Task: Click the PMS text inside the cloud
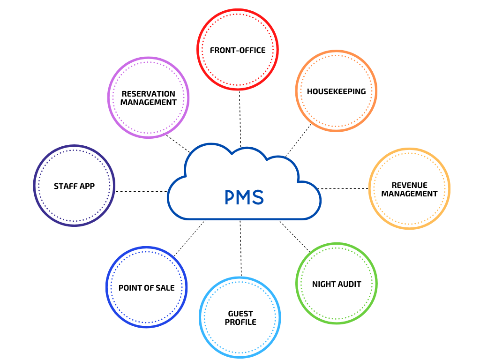pos(244,197)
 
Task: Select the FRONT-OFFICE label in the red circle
pos(238,50)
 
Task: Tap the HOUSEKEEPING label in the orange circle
pos(336,91)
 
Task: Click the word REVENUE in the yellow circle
pos(409,186)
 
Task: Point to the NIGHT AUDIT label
pos(337,284)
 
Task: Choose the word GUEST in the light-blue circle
pos(240,314)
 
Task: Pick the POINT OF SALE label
pos(146,288)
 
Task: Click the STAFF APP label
pos(74,186)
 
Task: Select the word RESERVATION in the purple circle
pos(148,94)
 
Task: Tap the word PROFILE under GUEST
pos(240,322)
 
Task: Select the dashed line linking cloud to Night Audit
pos(295,237)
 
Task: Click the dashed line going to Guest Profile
pos(240,248)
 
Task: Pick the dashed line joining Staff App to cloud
pos(141,191)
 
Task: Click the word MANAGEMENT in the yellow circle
pos(409,194)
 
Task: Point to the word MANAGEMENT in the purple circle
pos(148,102)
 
